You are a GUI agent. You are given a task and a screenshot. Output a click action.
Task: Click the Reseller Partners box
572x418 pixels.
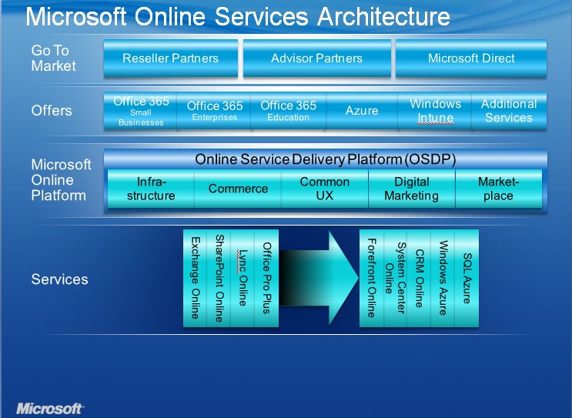click(170, 59)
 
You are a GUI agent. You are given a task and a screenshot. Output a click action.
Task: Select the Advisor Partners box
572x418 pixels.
click(316, 59)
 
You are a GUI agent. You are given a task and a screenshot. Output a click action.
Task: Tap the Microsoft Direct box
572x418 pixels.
click(471, 59)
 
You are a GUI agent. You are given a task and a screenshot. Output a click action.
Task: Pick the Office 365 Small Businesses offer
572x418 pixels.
click(140, 111)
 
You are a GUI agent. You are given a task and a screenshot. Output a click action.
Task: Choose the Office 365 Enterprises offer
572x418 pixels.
click(214, 111)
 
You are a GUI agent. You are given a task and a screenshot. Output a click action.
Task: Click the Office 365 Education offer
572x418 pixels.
click(288, 111)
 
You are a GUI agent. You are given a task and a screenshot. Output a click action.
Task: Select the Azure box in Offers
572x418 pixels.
click(362, 111)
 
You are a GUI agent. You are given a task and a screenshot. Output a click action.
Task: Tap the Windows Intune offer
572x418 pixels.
click(435, 111)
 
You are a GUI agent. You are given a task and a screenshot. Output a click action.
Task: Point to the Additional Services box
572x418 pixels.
click(508, 111)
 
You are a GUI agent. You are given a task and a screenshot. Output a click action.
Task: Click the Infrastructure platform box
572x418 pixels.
click(151, 189)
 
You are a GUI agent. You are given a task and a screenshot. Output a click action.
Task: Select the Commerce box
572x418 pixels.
click(238, 189)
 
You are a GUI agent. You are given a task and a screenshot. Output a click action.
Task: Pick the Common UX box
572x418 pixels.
click(324, 189)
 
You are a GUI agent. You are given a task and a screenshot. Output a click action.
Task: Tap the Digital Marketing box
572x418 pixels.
click(411, 189)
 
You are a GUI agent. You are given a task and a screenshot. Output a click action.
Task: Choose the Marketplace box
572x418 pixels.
click(498, 189)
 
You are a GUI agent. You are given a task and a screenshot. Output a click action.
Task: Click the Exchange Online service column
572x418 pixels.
click(195, 278)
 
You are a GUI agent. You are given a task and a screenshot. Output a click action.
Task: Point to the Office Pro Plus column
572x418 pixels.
click(266, 278)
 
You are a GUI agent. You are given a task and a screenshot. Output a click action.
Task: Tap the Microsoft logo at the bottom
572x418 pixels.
click(50, 407)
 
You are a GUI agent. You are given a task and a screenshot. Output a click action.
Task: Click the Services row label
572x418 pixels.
click(59, 279)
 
